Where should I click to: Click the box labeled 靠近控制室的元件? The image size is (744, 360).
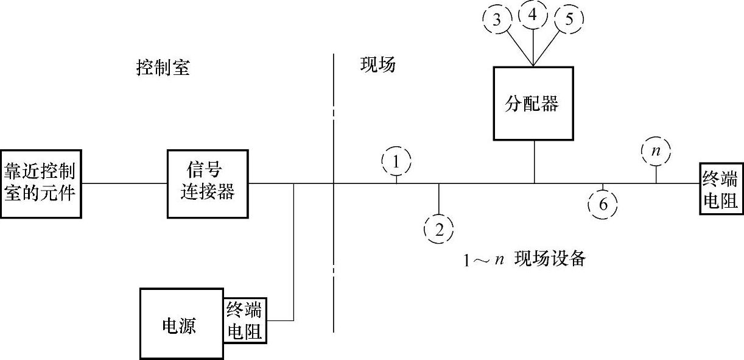pyautogui.click(x=41, y=183)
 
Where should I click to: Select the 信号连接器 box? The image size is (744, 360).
pyautogui.click(x=209, y=183)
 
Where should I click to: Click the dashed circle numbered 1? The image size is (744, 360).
pyautogui.click(x=396, y=162)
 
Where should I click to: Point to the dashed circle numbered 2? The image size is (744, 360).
pyautogui.click(x=438, y=229)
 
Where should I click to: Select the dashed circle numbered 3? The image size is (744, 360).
pyautogui.click(x=497, y=19)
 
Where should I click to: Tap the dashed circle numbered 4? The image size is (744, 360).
pyautogui.click(x=533, y=15)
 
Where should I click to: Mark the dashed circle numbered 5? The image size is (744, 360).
pyautogui.click(x=569, y=19)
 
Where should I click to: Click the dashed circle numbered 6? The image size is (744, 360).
pyautogui.click(x=603, y=205)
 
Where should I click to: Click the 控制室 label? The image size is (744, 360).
pyautogui.click(x=163, y=67)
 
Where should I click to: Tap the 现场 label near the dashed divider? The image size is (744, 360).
pyautogui.click(x=377, y=65)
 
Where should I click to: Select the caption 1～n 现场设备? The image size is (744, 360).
pyautogui.click(x=524, y=259)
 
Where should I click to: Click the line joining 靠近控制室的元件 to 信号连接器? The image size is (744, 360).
pyautogui.click(x=125, y=183)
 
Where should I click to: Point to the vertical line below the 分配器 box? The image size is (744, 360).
pyautogui.click(x=535, y=161)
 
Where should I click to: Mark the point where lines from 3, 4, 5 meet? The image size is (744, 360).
pyautogui.click(x=533, y=65)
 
